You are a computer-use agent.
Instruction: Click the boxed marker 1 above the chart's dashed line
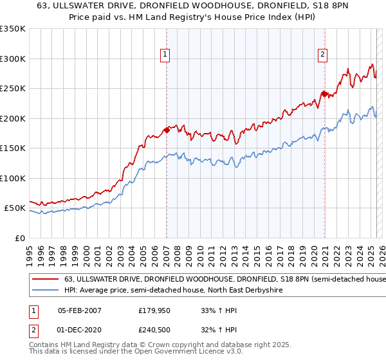click(165, 55)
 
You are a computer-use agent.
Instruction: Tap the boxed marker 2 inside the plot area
click(322, 55)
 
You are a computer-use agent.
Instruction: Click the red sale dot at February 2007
click(167, 130)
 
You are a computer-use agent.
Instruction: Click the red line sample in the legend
click(45, 279)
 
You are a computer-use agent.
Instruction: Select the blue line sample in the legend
click(45, 290)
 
